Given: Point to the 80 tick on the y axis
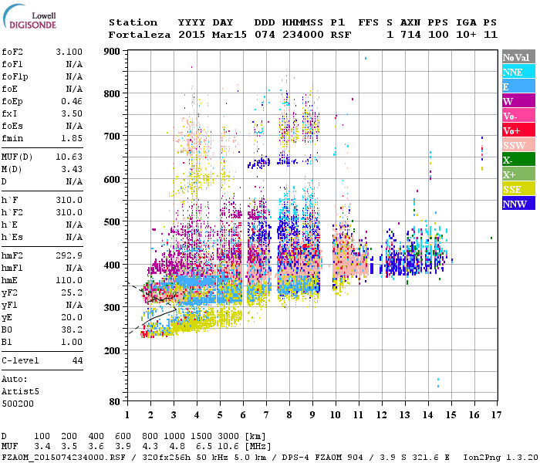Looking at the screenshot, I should pos(114,401).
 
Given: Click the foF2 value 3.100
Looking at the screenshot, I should pos(69,51).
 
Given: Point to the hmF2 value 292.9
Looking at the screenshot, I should pos(69,255).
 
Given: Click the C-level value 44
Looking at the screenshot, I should pos(77,361).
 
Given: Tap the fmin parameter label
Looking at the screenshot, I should pos(12,138).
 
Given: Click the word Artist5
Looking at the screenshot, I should pos(20,392).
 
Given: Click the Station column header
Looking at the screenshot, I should pos(133,22).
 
